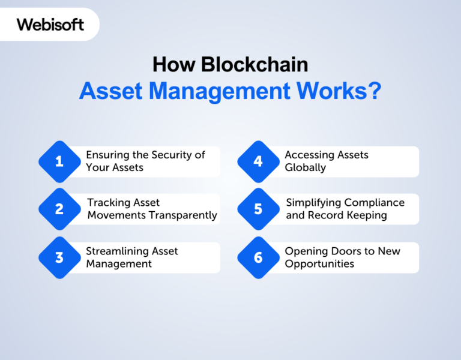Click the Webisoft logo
pos(50,25)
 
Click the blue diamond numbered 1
pos(59,161)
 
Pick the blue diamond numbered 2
pos(59,209)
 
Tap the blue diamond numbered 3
pos(59,258)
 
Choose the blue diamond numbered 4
pos(258,161)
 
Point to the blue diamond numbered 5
pos(258,209)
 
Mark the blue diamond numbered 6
pos(258,258)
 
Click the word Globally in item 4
pos(305,167)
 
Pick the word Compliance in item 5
pos(375,203)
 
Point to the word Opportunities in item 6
pos(319,264)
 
